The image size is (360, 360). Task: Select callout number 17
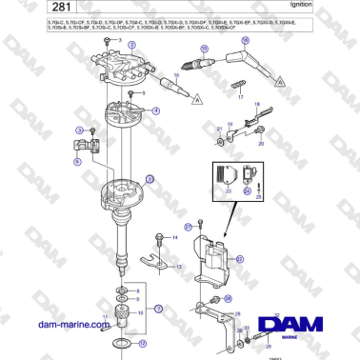point(241,97)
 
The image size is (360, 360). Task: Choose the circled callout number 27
point(189,227)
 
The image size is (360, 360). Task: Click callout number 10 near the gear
point(141,310)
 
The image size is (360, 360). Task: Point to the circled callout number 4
point(155,111)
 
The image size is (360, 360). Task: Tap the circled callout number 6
point(77,162)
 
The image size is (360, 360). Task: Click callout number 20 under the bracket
point(261,143)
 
